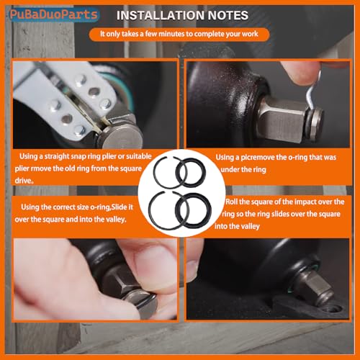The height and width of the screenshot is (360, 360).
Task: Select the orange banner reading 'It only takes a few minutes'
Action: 179,35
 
